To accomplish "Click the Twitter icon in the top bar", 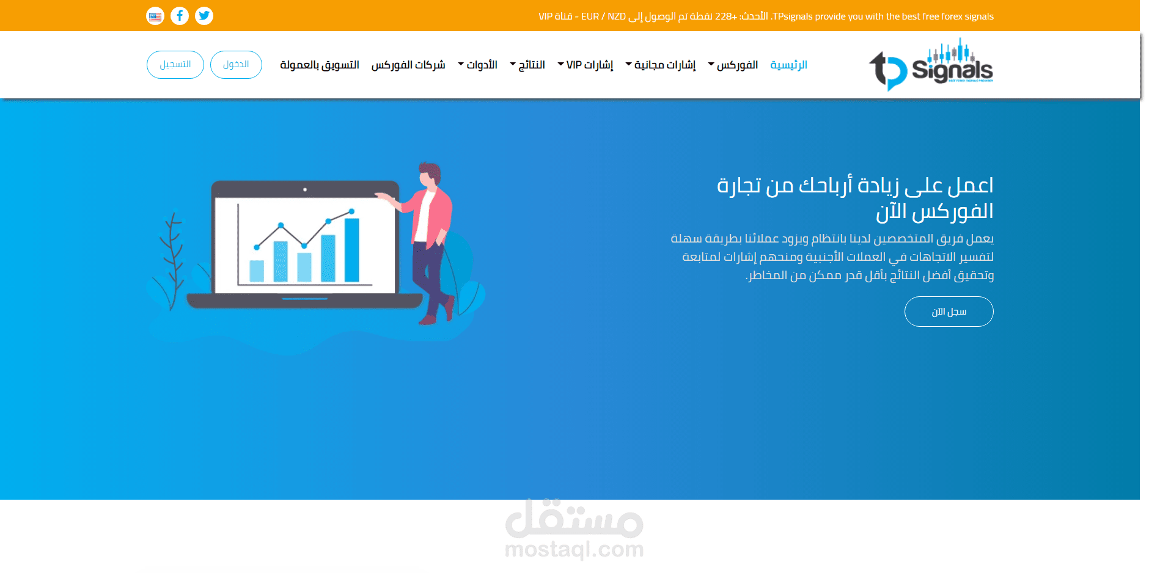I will click(x=204, y=16).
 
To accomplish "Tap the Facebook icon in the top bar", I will click(x=180, y=16).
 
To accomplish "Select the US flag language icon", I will click(x=155, y=16).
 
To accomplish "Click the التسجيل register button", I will click(x=175, y=65).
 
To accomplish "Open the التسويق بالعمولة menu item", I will click(x=320, y=65).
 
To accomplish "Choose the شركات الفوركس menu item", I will click(x=408, y=65).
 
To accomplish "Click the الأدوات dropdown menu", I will click(x=479, y=65).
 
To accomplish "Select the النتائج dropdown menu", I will click(x=529, y=65).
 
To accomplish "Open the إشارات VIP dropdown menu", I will click(x=586, y=65).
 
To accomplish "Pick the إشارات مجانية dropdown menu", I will click(x=661, y=65).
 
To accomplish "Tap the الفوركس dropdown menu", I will click(x=734, y=65).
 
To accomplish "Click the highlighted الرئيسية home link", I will click(x=789, y=65).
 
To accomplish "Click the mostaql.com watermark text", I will click(x=574, y=549).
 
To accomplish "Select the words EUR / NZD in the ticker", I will click(x=603, y=16).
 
